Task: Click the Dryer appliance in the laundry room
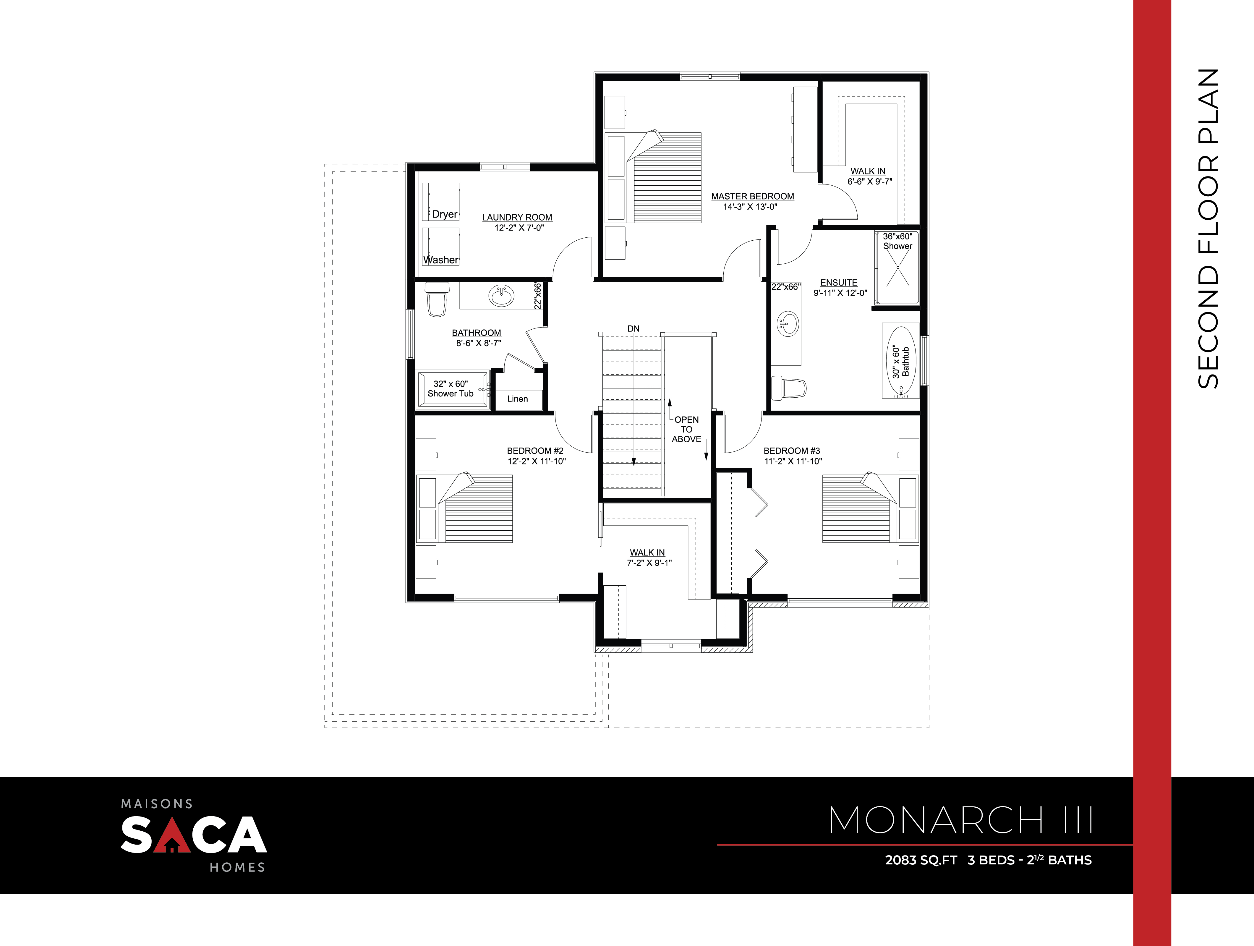(x=440, y=202)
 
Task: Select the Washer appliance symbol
(x=440, y=247)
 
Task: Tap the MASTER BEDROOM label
(x=752, y=196)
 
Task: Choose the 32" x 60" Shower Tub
(x=452, y=389)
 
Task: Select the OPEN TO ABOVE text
(x=686, y=429)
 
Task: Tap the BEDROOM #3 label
(x=791, y=451)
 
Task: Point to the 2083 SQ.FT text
(x=921, y=860)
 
